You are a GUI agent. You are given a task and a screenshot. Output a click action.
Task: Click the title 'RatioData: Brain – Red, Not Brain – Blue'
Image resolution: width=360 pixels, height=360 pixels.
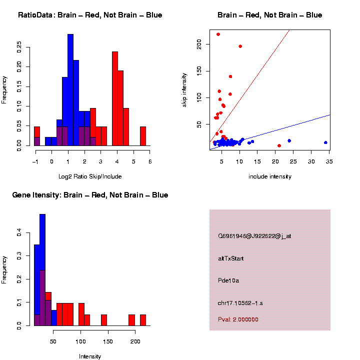pyautogui.click(x=90, y=15)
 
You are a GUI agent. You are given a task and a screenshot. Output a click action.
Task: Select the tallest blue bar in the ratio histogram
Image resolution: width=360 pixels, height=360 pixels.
pyautogui.click(x=70, y=90)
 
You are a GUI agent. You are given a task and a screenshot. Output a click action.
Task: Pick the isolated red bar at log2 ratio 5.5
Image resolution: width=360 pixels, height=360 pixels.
pyautogui.click(x=143, y=136)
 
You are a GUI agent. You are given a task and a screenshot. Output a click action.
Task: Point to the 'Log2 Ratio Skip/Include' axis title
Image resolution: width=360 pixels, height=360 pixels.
pyautogui.click(x=90, y=176)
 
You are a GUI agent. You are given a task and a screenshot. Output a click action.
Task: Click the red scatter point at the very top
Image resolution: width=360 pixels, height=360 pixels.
pyautogui.click(x=218, y=34)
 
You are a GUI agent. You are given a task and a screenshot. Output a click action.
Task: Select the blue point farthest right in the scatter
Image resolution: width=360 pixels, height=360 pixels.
pyautogui.click(x=325, y=142)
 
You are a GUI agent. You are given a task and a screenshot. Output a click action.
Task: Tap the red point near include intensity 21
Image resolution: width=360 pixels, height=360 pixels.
pyautogui.click(x=279, y=145)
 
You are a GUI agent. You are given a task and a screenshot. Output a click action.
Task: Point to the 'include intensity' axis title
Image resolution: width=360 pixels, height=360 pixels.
pyautogui.click(x=269, y=176)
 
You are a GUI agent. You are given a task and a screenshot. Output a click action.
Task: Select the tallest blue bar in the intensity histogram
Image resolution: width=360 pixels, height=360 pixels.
pyautogui.click(x=42, y=270)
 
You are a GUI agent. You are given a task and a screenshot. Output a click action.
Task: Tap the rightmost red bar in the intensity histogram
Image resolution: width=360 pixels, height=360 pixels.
pyautogui.click(x=143, y=320)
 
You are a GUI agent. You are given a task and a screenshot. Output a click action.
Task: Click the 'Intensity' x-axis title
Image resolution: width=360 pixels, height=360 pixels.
pyautogui.click(x=90, y=356)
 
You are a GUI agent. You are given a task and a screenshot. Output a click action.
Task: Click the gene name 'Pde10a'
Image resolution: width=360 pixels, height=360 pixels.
pyautogui.click(x=228, y=280)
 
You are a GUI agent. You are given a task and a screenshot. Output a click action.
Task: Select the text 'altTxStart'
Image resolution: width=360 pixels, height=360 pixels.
pyautogui.click(x=230, y=258)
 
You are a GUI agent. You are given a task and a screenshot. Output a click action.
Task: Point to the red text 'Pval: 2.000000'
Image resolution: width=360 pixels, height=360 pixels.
pyautogui.click(x=238, y=319)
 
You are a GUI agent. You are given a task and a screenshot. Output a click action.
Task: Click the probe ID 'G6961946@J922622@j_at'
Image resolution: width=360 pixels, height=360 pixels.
pyautogui.click(x=254, y=236)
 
